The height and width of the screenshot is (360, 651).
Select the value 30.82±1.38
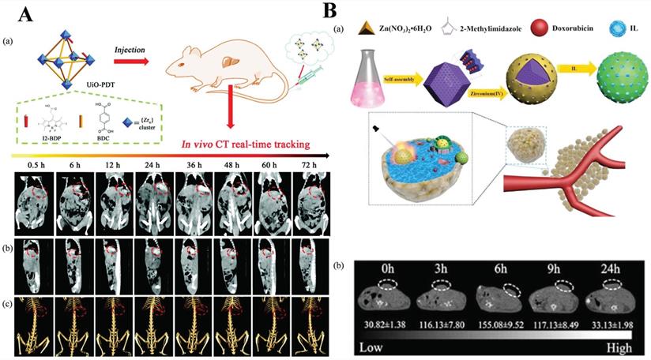pos(384,324)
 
